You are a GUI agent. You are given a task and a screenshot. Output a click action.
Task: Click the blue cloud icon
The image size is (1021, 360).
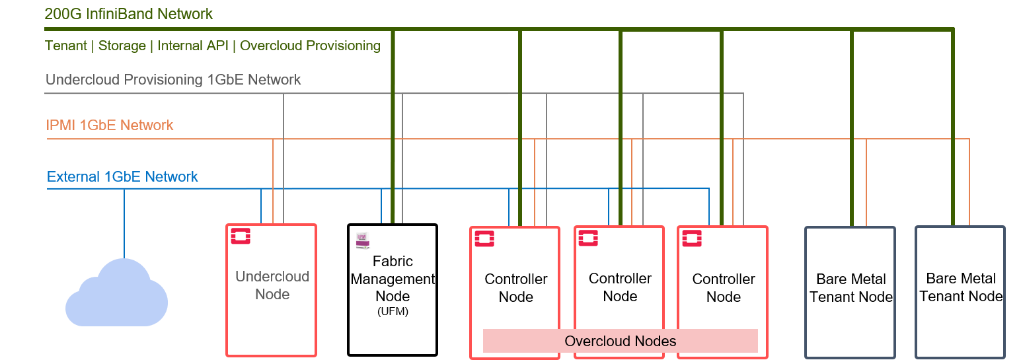pyautogui.click(x=117, y=294)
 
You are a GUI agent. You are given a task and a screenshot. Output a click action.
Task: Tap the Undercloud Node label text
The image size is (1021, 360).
pyautogui.click(x=272, y=285)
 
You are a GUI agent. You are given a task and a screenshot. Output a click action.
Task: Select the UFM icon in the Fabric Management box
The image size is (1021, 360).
pyautogui.click(x=362, y=240)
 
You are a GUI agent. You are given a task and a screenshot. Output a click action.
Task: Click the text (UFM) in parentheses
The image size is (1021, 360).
pyautogui.click(x=393, y=312)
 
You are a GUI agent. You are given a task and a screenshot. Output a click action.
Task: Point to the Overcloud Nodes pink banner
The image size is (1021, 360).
pyautogui.click(x=621, y=341)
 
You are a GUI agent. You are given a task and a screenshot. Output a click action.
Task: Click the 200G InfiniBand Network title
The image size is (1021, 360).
pyautogui.click(x=129, y=14)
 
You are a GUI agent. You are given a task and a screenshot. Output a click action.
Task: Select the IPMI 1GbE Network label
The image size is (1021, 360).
pyautogui.click(x=110, y=126)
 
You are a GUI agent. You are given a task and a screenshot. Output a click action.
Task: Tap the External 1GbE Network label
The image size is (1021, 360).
pyautogui.click(x=122, y=177)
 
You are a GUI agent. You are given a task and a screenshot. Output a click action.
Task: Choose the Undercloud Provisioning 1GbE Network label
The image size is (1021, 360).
pyautogui.click(x=173, y=80)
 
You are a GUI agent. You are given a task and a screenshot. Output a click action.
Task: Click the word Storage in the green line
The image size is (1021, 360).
pyautogui.click(x=122, y=46)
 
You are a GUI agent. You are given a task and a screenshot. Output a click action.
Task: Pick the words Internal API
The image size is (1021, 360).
pyautogui.click(x=193, y=46)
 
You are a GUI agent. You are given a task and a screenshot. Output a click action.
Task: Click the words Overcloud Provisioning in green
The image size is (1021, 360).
pyautogui.click(x=310, y=46)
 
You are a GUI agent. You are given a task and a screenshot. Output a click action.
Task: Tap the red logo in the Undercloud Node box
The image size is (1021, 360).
pyautogui.click(x=241, y=236)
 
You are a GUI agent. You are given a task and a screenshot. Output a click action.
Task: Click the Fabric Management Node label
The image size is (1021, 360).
pyautogui.click(x=393, y=279)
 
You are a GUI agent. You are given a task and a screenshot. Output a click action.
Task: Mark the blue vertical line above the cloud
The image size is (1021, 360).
pyautogui.click(x=124, y=223)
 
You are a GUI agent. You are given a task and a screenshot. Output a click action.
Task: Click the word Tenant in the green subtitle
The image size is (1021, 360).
pyautogui.click(x=65, y=46)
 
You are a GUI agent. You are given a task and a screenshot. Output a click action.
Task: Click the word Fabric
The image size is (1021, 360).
pyautogui.click(x=393, y=261)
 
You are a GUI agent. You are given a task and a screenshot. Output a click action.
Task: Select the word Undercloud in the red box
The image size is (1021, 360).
pyautogui.click(x=272, y=277)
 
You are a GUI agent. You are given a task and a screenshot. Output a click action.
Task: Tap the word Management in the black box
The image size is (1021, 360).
pyautogui.click(x=393, y=279)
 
